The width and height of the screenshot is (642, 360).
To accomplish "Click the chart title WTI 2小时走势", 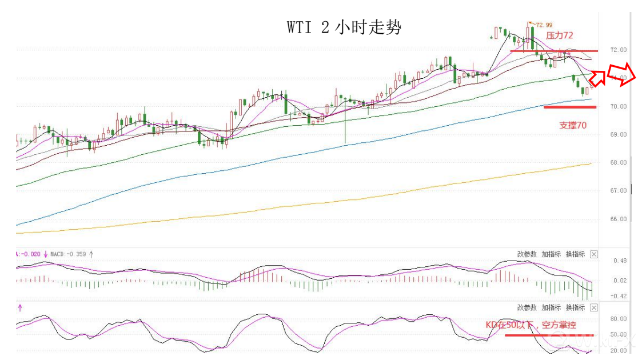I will pyautogui.click(x=344, y=27).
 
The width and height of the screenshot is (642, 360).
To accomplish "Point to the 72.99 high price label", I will pyautogui.click(x=544, y=25).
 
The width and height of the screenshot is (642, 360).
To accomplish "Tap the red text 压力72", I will pyautogui.click(x=559, y=35).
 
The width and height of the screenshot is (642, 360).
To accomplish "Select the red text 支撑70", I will pyautogui.click(x=572, y=125).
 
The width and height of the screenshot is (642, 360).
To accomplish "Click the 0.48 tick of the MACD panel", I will pyautogui.click(x=620, y=261).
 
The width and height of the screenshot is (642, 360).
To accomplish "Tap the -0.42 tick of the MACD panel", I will pyautogui.click(x=619, y=296).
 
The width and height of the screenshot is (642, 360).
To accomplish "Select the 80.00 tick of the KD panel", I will pyautogui.click(x=619, y=319).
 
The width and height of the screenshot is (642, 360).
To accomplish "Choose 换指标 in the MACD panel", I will pyautogui.click(x=575, y=254).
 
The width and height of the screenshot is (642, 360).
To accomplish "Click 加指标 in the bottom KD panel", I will pyautogui.click(x=551, y=307).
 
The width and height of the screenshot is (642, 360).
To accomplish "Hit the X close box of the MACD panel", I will pyautogui.click(x=594, y=254).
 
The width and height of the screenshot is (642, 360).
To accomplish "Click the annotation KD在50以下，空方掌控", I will pyautogui.click(x=531, y=325).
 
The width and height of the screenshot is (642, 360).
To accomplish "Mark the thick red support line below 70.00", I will pyautogui.click(x=570, y=107).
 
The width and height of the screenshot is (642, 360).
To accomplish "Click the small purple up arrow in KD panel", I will pyautogui.click(x=20, y=308).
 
